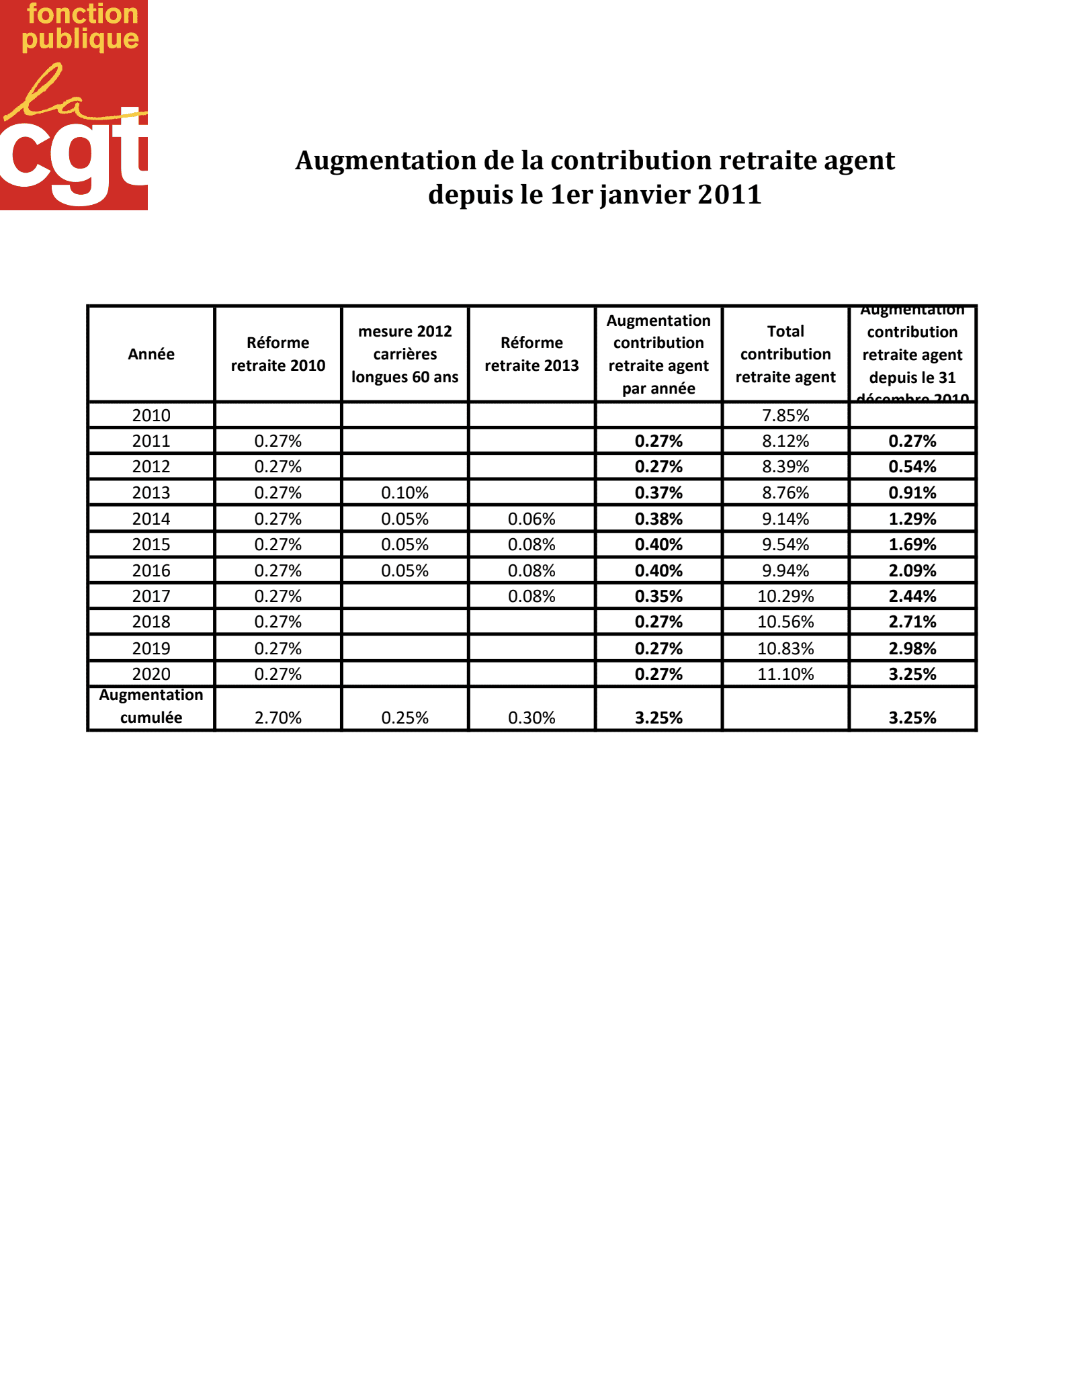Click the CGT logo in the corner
click(x=74, y=105)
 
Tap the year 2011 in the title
click(x=729, y=195)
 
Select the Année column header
click(x=151, y=354)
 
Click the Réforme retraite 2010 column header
click(x=278, y=354)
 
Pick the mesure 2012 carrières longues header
click(x=404, y=354)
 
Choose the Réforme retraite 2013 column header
click(x=531, y=354)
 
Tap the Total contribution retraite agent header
click(x=785, y=354)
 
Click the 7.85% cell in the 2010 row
click(x=785, y=415)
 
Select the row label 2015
click(x=151, y=545)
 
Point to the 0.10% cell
click(x=404, y=493)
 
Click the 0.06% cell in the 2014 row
click(x=531, y=519)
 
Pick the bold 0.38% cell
click(x=658, y=519)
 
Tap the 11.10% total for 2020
click(x=785, y=675)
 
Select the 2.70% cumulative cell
click(x=278, y=718)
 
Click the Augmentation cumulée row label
click(x=151, y=707)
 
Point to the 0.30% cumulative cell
click(x=531, y=718)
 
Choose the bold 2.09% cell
click(x=912, y=571)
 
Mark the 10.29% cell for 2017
click(x=785, y=597)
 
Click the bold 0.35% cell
click(x=658, y=597)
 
